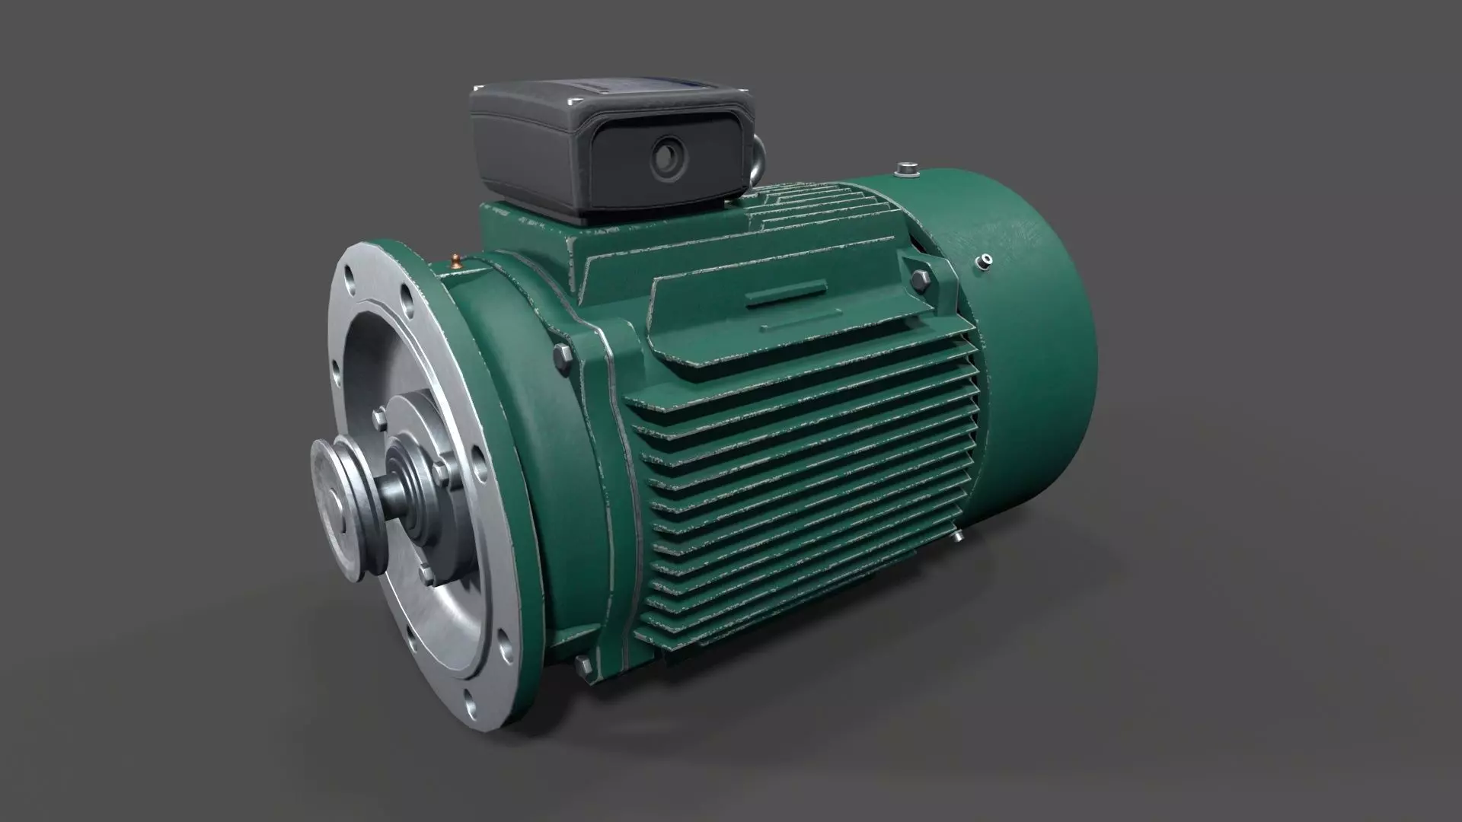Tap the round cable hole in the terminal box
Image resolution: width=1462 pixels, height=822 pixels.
click(665, 156)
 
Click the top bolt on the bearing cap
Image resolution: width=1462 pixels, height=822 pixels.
click(378, 417)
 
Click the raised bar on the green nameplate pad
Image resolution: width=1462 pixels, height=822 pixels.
click(786, 295)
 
